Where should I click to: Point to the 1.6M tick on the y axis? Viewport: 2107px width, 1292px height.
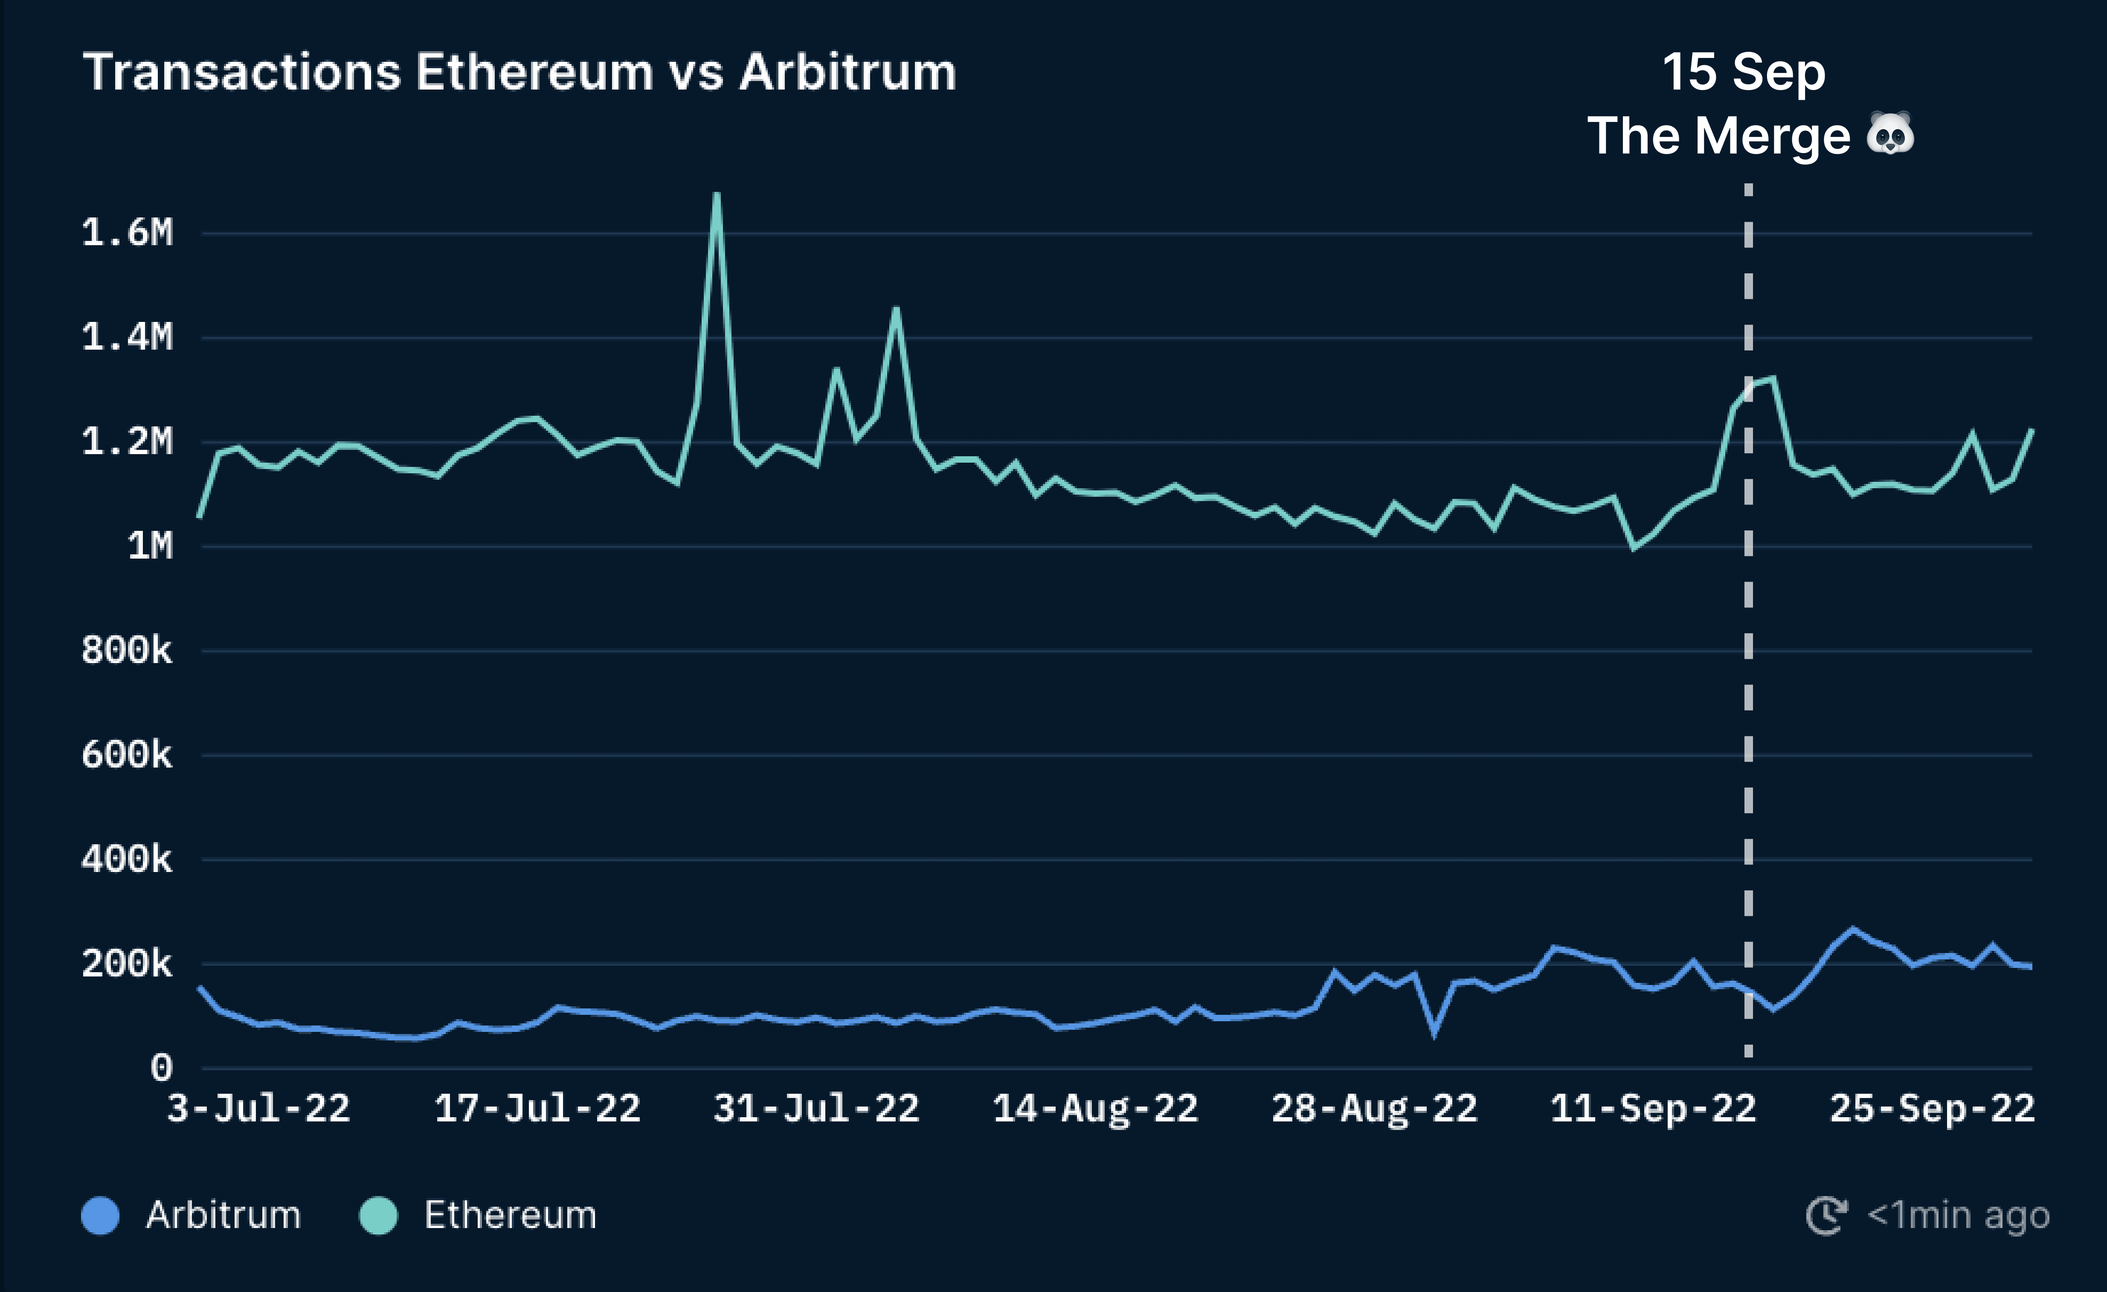128,232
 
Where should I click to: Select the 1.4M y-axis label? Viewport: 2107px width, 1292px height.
128,337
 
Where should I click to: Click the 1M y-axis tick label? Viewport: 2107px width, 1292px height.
150,545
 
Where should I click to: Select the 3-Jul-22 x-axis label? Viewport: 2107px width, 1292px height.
258,1109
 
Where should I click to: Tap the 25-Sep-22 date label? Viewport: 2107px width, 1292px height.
1932,1109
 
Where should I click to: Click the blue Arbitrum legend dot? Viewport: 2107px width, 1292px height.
100,1215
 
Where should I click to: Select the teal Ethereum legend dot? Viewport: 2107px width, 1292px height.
379,1215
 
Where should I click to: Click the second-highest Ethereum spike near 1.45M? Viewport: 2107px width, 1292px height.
895,309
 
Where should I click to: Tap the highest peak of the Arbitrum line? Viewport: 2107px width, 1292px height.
1853,929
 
